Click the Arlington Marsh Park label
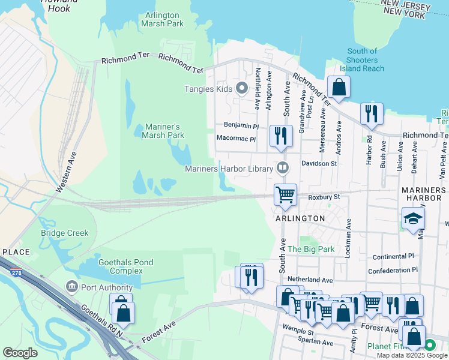tap(162, 19)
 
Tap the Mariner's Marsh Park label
tap(164, 131)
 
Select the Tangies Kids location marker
tap(243, 89)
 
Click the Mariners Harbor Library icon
tap(282, 167)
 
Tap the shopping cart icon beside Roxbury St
tap(285, 194)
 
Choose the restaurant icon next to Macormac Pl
tap(280, 136)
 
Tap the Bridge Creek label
tap(64, 233)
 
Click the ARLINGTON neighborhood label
tap(300, 218)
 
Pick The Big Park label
tap(310, 248)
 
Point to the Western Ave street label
tap(67, 171)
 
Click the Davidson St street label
tap(319, 163)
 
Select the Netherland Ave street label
tap(310, 280)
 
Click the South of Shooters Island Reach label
tap(362, 60)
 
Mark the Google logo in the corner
tap(20, 352)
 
